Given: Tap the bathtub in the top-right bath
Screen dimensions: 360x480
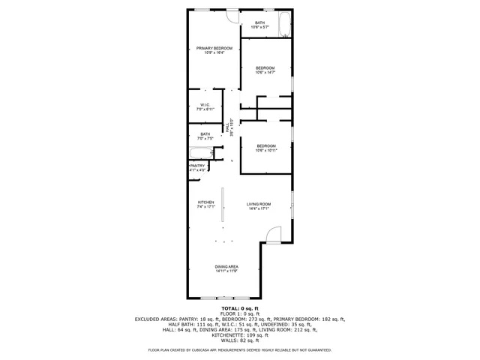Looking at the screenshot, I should coord(284,25).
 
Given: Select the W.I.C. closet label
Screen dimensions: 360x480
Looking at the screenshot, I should coord(205,104).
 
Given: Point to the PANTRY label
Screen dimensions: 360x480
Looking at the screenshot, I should coord(197,166).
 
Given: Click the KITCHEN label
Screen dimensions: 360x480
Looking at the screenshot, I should coord(206,202).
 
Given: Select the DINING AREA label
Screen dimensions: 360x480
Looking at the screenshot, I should coord(226,268).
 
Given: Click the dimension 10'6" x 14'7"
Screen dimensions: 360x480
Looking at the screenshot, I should coord(265,73).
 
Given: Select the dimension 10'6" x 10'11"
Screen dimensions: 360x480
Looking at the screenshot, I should coord(265,151).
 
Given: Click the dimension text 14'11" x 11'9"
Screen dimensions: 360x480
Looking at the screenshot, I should coord(226,271).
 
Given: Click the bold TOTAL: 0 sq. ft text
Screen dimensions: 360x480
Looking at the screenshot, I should coord(239,308).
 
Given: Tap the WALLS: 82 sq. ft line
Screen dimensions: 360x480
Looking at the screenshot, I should coord(239,340).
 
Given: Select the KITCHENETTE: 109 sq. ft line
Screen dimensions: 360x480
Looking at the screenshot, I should coord(239,334).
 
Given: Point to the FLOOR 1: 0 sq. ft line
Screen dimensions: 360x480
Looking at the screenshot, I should coord(239,313).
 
